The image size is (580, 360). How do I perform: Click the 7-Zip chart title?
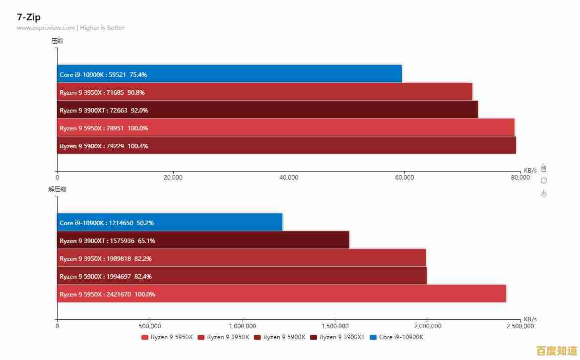point(29,17)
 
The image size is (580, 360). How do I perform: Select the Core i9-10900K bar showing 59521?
point(229,74)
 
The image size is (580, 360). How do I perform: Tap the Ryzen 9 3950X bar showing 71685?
point(264,92)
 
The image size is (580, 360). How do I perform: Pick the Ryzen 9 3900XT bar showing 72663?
point(267,110)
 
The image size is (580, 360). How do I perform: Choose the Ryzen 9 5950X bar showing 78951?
point(285,127)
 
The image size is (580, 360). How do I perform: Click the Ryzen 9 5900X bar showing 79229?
point(286,145)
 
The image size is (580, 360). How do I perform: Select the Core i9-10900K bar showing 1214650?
point(170,222)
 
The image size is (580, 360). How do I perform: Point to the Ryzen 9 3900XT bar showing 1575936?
point(203,240)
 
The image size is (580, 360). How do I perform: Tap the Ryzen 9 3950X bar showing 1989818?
point(241,258)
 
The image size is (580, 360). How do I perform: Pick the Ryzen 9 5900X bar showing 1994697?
point(242,276)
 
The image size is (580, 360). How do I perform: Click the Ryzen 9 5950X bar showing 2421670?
point(281,294)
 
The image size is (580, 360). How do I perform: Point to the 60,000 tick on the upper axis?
point(404,178)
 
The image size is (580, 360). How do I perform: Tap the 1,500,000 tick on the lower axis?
point(335,326)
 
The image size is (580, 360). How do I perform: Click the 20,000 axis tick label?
point(173,178)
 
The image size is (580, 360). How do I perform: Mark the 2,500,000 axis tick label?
point(520,326)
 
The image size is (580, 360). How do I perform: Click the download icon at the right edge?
point(544,192)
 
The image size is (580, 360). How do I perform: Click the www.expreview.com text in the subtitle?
point(46,28)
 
